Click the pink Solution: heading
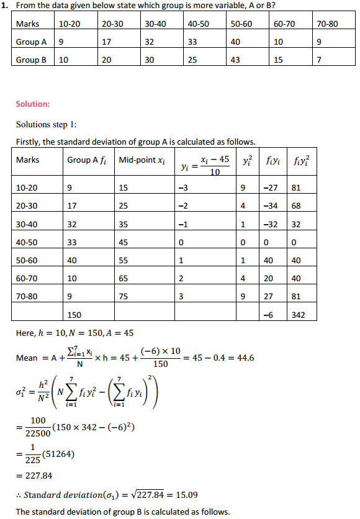point(33,104)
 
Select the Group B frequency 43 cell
point(238,60)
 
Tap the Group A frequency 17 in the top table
point(107,42)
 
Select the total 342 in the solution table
point(301,315)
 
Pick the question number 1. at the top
point(6,6)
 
